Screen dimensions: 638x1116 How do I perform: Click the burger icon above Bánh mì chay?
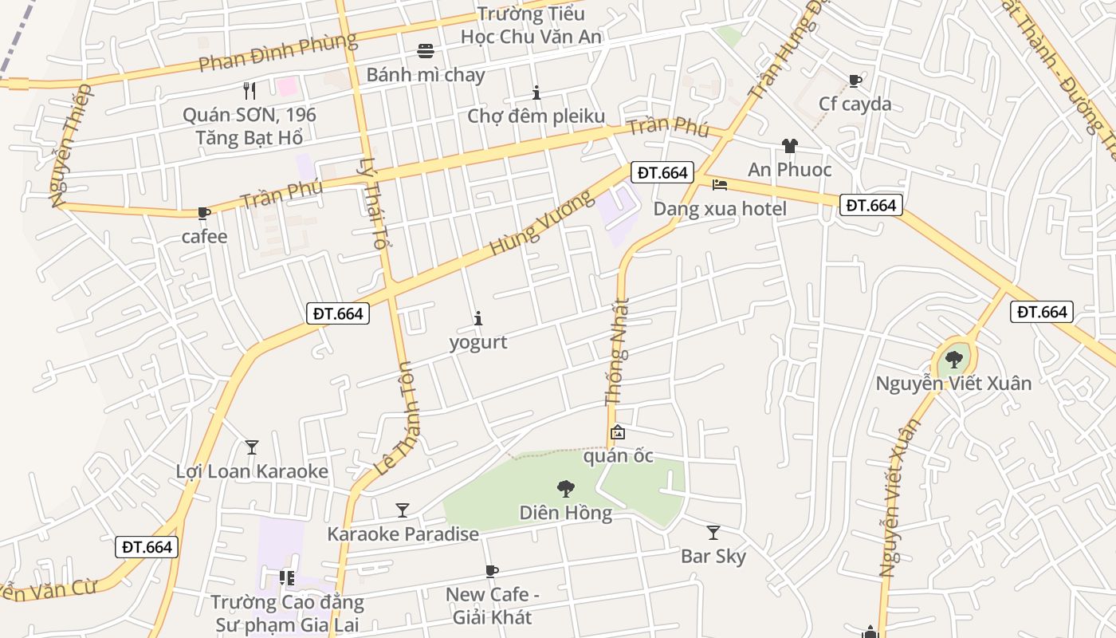click(x=426, y=52)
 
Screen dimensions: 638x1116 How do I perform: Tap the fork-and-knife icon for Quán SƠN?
click(x=250, y=91)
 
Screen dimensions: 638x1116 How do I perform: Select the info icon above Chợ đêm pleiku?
click(x=536, y=93)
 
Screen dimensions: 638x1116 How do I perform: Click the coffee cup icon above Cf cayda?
click(x=855, y=81)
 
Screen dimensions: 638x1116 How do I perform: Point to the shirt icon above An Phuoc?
click(x=789, y=146)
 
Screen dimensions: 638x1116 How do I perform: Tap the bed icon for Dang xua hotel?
click(x=720, y=185)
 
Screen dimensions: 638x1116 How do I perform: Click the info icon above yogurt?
click(x=478, y=318)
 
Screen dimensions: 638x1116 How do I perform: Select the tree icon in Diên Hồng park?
click(x=566, y=488)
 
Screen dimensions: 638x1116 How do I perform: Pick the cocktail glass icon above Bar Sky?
click(x=713, y=533)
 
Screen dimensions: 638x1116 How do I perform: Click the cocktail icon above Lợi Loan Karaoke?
click(x=252, y=447)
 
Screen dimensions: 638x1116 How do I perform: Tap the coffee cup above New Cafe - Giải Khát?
click(x=492, y=571)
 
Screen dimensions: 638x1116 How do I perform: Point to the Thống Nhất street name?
click(x=617, y=351)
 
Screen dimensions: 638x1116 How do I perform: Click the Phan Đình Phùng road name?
click(x=277, y=53)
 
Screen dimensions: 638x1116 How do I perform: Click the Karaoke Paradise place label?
click(x=403, y=534)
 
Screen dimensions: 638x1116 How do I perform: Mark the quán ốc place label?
click(x=619, y=456)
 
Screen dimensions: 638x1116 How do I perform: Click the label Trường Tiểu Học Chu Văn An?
click(x=531, y=26)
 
